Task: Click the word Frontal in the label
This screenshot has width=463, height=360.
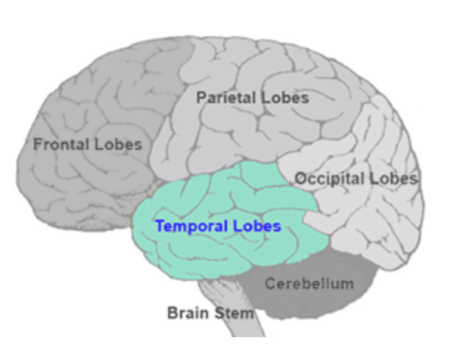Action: [60, 144]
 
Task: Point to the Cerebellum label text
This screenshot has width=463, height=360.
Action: [310, 283]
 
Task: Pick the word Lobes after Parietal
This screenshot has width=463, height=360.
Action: [285, 97]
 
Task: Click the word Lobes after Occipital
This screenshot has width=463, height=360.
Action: [394, 179]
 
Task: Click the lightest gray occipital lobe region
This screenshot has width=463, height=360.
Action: [369, 221]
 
